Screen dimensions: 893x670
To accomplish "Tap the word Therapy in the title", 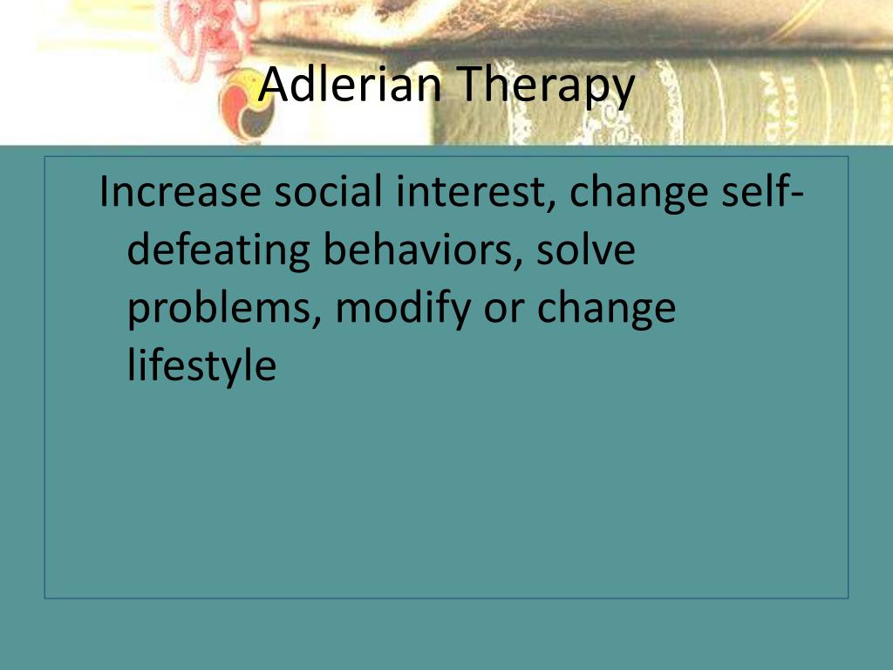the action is point(545,86).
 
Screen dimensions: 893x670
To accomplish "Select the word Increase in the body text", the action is point(180,191).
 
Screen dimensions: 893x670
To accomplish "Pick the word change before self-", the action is point(637,195).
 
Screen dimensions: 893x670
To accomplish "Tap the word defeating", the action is point(218,252).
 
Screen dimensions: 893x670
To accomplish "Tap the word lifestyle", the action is point(201,366).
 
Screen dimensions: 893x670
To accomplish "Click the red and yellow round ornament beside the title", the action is point(246,106).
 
